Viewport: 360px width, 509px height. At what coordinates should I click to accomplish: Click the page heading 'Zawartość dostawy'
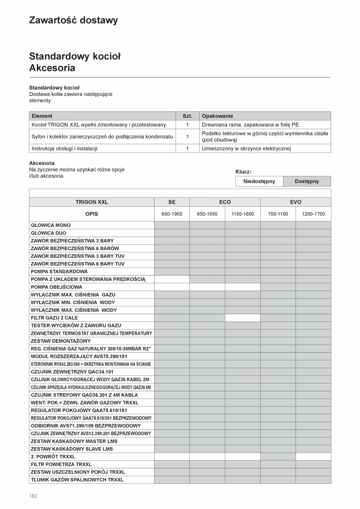(73, 20)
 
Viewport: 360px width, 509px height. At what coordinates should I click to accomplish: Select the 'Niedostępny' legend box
(259, 182)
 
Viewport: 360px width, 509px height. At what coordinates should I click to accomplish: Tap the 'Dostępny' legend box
(307, 182)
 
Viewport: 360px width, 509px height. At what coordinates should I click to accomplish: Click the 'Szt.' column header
(187, 116)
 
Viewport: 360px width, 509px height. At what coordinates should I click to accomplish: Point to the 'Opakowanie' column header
(217, 116)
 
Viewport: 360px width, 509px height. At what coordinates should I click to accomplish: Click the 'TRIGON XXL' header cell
(92, 202)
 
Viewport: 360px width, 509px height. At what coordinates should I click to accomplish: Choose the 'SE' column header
(172, 202)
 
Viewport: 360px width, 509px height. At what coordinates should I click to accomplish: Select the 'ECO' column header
(225, 202)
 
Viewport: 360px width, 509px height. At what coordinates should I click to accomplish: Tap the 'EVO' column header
(295, 202)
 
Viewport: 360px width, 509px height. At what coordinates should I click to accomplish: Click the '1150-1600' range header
(243, 214)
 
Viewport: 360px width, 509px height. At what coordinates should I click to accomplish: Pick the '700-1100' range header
(278, 214)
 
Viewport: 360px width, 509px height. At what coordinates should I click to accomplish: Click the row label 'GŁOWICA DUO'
(49, 233)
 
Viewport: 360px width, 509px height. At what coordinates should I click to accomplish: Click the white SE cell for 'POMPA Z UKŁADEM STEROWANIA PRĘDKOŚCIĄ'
(172, 279)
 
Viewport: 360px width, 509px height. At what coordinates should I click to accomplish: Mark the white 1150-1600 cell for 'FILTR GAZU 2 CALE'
(243, 318)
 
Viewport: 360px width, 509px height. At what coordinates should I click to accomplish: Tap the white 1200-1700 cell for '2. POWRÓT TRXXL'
(313, 457)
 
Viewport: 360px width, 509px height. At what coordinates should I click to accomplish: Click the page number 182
(33, 496)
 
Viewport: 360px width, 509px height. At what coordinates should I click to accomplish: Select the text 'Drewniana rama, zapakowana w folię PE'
(250, 125)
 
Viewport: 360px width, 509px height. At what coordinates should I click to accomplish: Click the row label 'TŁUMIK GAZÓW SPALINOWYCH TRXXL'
(77, 480)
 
